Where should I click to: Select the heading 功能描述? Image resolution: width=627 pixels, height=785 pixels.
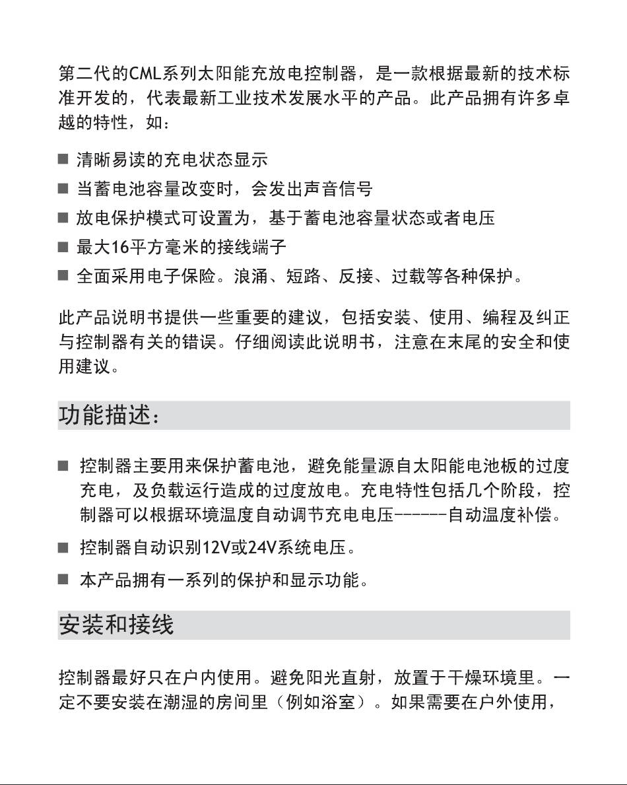tap(110, 416)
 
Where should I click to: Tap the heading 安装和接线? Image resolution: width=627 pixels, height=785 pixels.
tap(117, 625)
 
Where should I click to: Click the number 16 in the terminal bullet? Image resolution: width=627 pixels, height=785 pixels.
tap(119, 248)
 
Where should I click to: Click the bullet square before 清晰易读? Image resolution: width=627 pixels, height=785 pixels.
tap(63, 160)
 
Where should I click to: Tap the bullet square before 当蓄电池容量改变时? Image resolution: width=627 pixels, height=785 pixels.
tap(63, 189)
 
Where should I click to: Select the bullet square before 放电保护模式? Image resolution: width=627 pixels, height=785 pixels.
tap(63, 219)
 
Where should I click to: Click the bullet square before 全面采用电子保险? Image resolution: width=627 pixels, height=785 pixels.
tap(63, 277)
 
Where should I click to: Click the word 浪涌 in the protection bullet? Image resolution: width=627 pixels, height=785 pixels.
tap(250, 277)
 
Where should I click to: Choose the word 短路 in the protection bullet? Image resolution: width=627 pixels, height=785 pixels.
tap(303, 277)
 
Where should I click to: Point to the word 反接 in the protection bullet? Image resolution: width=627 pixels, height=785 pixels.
tap(356, 277)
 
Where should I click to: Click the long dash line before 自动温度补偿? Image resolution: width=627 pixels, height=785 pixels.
tap(421, 516)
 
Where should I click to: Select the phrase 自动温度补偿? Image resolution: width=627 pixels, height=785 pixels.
tap(500, 516)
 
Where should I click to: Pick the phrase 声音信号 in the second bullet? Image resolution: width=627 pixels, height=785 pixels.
tap(339, 189)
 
